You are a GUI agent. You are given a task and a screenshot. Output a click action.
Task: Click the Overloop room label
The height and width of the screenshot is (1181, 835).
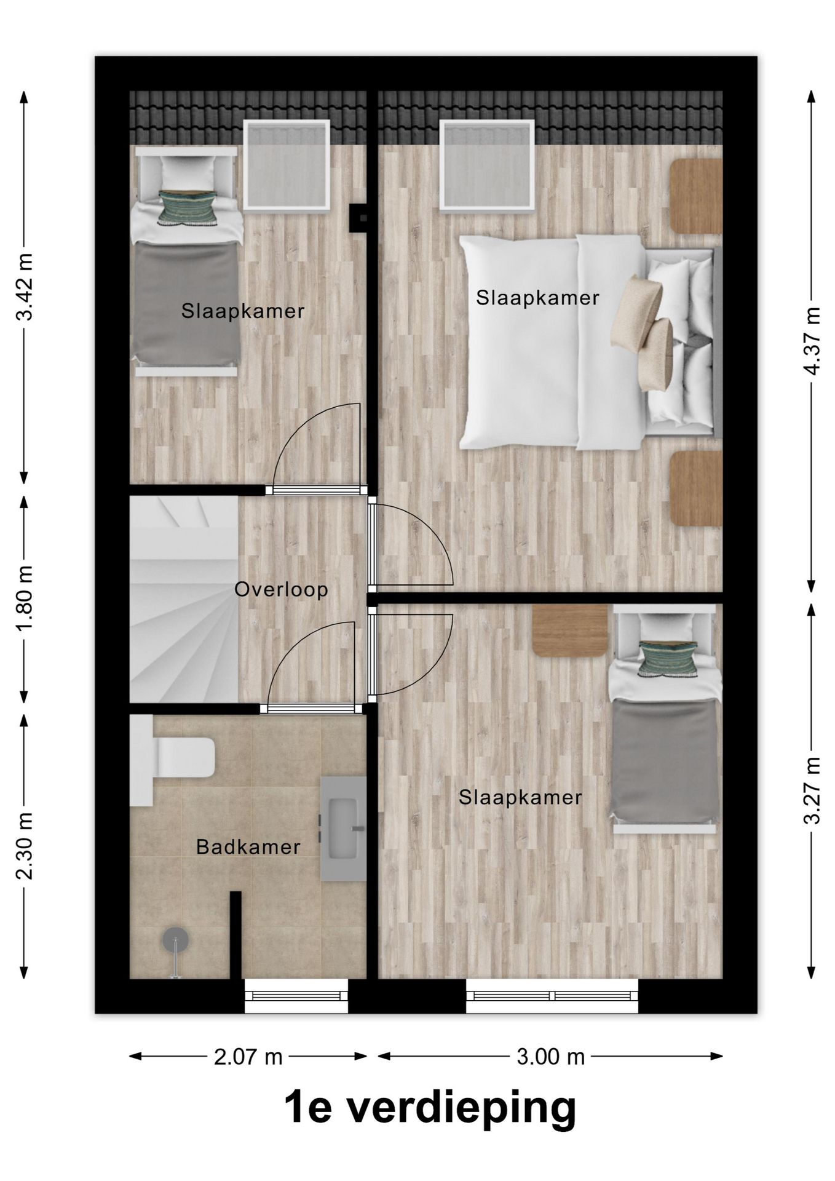(281, 590)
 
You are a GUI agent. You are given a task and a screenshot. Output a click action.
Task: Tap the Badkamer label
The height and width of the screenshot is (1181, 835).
(248, 847)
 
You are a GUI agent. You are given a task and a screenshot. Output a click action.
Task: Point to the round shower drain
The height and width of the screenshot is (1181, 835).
(175, 940)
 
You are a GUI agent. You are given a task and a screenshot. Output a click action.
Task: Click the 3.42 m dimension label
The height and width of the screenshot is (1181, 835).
(25, 287)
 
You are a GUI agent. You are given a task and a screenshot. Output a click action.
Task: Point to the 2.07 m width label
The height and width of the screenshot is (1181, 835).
(248, 1057)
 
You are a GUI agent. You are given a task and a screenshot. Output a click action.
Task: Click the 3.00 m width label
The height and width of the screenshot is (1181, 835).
(550, 1057)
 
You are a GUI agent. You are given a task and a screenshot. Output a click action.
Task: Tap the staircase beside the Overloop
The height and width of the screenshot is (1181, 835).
(184, 600)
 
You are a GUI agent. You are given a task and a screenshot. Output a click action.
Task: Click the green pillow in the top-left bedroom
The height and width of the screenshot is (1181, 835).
(187, 206)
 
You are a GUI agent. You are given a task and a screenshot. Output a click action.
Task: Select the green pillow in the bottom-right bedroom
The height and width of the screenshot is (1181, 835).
(667, 659)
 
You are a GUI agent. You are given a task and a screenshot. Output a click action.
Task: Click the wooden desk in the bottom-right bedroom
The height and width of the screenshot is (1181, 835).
(570, 630)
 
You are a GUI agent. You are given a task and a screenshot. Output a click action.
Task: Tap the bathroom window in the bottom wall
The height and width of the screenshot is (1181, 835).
(296, 996)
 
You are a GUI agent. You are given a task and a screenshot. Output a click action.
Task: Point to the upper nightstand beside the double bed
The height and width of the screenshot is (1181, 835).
(696, 196)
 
